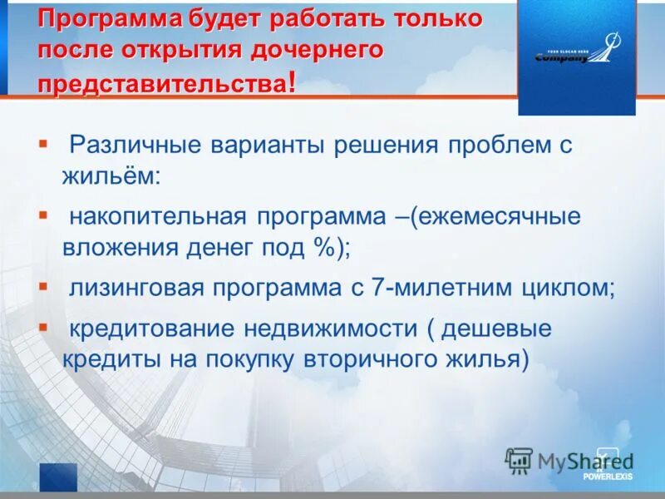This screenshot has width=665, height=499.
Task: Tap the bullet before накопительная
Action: [x=43, y=214]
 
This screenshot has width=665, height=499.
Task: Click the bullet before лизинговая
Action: [x=43, y=284]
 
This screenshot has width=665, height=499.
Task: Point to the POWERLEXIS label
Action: [x=608, y=477]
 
